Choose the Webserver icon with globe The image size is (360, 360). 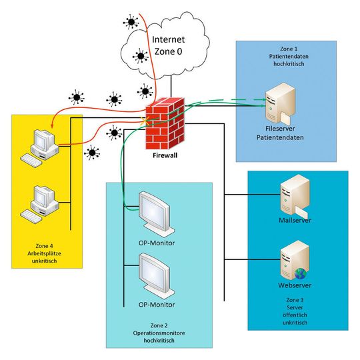pos(294,262)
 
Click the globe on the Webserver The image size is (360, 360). pos(300,273)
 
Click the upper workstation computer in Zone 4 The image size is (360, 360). pos(41,143)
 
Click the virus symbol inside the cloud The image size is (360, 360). pos(141,55)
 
